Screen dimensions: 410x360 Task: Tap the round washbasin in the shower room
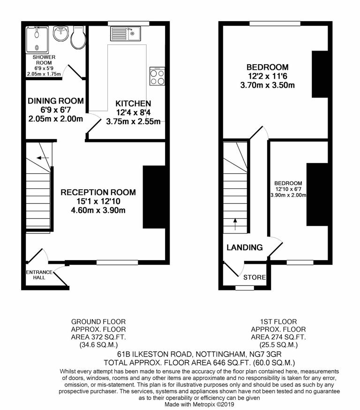[x=60, y=34]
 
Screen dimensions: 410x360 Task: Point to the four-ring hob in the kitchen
[x=157, y=76]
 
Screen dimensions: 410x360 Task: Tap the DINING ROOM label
[x=56, y=101]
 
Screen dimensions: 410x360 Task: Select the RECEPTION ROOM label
[x=98, y=192]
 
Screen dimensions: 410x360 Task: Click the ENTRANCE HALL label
[x=36, y=275]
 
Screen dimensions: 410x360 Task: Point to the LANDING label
[x=245, y=247]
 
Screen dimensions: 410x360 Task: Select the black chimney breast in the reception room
[x=153, y=197]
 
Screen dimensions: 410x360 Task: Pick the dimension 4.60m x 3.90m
[x=98, y=210]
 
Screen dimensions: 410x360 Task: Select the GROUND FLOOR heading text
[x=98, y=322]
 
